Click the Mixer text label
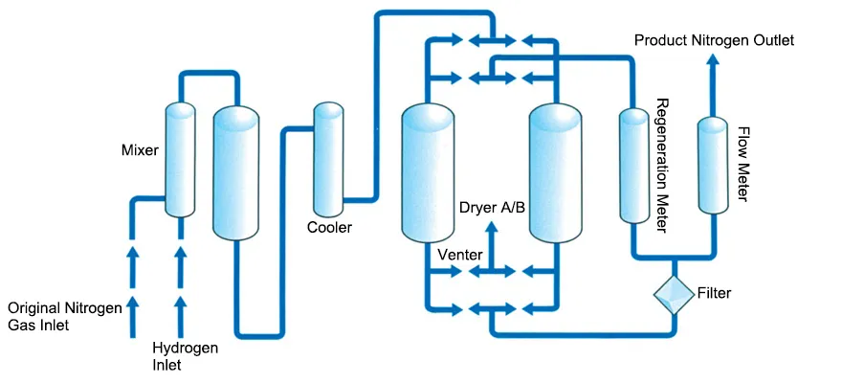[140, 150]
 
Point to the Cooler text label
[329, 228]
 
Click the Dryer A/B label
[492, 208]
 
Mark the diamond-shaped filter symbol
[675, 293]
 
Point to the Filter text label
[715, 293]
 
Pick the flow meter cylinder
[713, 163]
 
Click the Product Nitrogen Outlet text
[714, 40]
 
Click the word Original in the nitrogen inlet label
[35, 308]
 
